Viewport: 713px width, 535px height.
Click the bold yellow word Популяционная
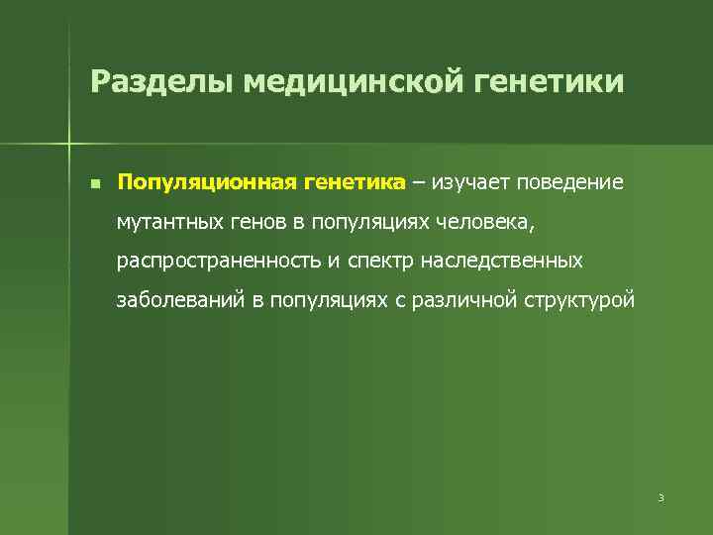pyautogui.click(x=203, y=183)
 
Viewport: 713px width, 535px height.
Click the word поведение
pyautogui.click(x=570, y=183)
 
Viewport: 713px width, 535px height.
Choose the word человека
pyautogui.click(x=485, y=222)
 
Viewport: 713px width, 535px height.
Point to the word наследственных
pyautogui.click(x=503, y=262)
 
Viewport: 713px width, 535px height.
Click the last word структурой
pyautogui.click(x=577, y=300)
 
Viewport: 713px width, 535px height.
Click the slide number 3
pyautogui.click(x=660, y=497)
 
